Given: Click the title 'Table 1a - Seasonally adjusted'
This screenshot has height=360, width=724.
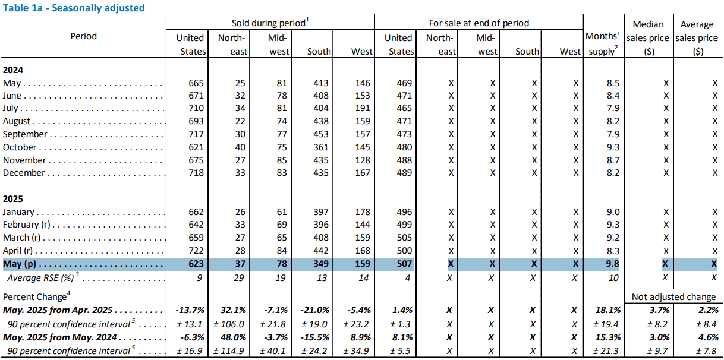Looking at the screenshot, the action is click(x=74, y=8).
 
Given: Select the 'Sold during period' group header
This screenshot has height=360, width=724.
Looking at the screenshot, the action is click(x=270, y=23).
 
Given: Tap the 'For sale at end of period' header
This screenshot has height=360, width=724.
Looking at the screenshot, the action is click(x=479, y=23).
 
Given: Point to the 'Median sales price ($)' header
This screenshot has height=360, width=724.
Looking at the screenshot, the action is click(x=648, y=38).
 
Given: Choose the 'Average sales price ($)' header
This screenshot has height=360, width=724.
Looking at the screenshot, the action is click(x=697, y=38).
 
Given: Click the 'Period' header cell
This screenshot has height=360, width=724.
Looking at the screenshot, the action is click(x=83, y=36).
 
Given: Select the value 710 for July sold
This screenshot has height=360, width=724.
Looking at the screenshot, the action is click(x=196, y=108).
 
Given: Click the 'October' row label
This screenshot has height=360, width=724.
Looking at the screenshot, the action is click(x=20, y=147).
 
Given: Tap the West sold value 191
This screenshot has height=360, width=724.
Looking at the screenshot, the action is click(x=363, y=108).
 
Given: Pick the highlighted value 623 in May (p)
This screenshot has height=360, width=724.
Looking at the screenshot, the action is click(x=196, y=264).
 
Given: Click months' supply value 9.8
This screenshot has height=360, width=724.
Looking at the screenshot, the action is click(x=612, y=264).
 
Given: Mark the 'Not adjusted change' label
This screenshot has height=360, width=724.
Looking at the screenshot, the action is click(x=673, y=296).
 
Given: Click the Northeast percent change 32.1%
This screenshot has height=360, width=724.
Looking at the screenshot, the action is click(x=233, y=310).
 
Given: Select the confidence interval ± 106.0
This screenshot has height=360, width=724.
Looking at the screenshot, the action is click(x=228, y=324).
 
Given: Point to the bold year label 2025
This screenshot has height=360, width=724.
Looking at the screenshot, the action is click(x=13, y=199).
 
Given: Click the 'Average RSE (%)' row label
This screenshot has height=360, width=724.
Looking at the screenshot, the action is click(x=41, y=278).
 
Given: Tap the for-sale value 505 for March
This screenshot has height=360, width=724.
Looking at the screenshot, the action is click(x=404, y=238).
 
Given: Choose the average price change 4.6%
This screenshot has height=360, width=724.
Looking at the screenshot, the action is click(x=708, y=337).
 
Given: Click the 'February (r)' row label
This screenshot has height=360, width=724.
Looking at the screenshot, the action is click(x=27, y=225).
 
